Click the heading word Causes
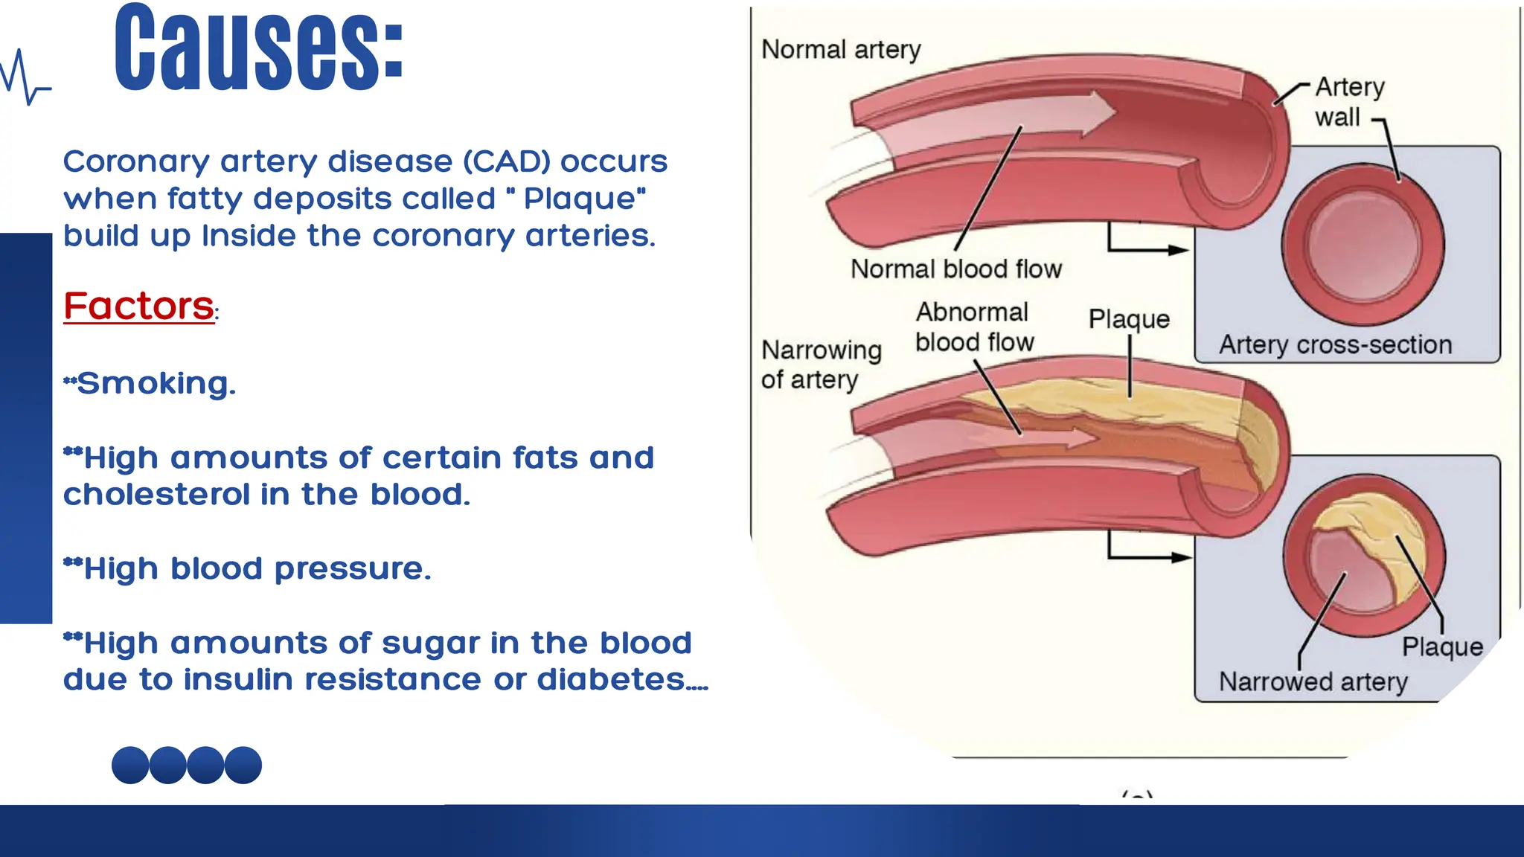[258, 49]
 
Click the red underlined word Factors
[139, 306]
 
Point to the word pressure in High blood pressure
[351, 569]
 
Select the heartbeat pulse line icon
[25, 77]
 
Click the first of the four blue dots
[130, 765]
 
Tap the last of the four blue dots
[243, 765]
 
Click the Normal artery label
[841, 50]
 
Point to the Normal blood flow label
[956, 269]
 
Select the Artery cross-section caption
[1335, 344]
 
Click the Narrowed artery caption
[1313, 681]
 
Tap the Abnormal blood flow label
[973, 327]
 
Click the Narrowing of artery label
[820, 365]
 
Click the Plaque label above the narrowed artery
[1129, 319]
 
